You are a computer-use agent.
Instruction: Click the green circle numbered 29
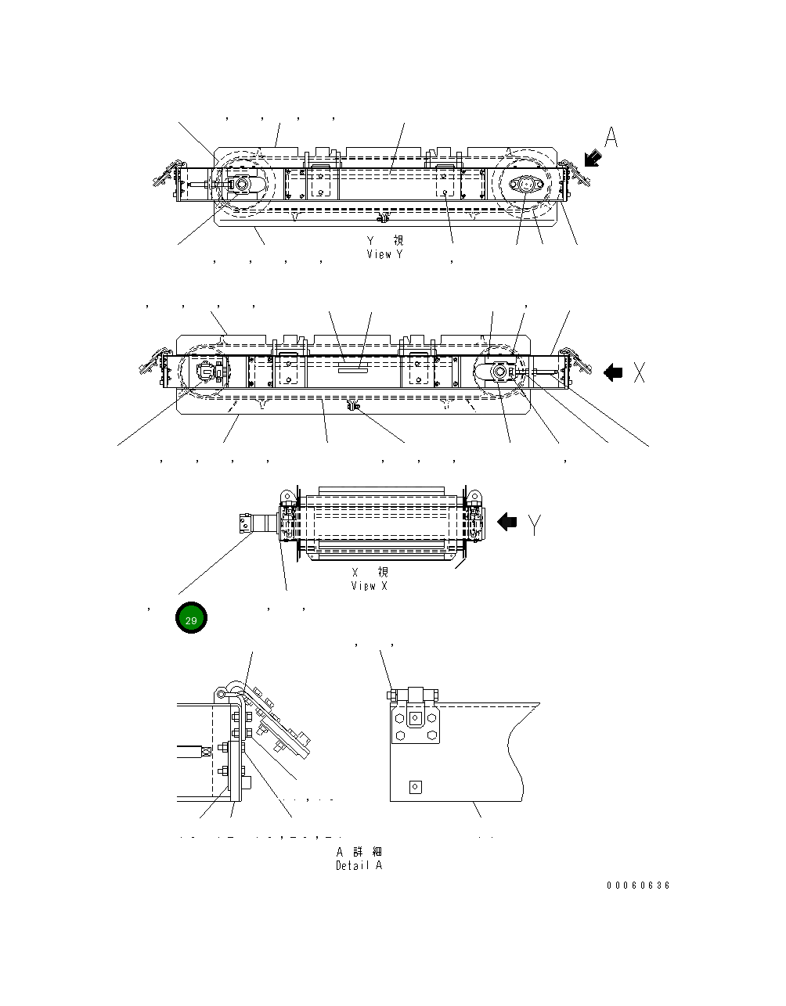191,619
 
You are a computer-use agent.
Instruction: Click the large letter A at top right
611,138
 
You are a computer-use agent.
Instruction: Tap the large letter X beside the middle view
640,373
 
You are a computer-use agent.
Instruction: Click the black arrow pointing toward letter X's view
613,373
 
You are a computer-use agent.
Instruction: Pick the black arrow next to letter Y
508,522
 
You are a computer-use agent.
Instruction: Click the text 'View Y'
385,254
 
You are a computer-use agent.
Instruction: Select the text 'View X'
369,586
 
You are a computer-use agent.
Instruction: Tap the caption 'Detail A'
359,865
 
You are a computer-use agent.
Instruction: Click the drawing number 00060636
638,886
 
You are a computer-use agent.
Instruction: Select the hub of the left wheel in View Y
241,185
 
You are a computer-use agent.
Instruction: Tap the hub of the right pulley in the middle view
499,372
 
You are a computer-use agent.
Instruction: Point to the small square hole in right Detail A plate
415,787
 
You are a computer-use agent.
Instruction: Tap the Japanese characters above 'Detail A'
359,852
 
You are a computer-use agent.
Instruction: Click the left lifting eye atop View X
286,495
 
